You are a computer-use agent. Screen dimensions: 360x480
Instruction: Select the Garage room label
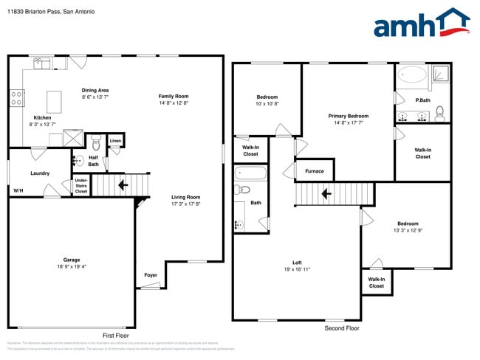tap(71, 260)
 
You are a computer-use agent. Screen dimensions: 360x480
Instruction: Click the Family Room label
tap(174, 96)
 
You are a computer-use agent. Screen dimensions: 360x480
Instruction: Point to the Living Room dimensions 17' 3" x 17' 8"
tap(186, 204)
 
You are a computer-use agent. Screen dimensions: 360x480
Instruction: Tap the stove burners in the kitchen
tap(16, 97)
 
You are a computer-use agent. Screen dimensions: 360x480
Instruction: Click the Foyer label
tap(151, 275)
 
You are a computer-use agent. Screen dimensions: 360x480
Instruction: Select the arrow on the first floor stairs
tap(123, 184)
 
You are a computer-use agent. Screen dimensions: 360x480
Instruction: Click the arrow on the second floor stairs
tap(325, 195)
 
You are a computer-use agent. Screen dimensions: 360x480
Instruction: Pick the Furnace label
tap(314, 171)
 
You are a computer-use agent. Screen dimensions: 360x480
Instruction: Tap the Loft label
tap(297, 263)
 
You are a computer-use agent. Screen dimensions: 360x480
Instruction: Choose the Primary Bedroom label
tap(348, 116)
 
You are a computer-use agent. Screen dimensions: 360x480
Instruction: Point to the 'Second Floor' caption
tap(342, 328)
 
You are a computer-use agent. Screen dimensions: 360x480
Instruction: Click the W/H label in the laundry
tap(18, 190)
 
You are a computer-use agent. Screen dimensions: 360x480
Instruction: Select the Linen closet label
tap(115, 140)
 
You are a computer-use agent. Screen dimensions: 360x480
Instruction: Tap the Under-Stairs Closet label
tap(80, 185)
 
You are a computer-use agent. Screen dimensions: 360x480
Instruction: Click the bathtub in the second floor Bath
tap(251, 174)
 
